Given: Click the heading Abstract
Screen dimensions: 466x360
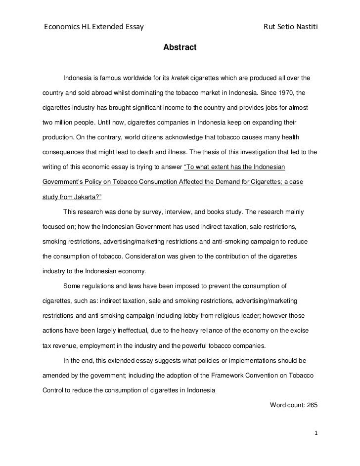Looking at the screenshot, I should point(180,47).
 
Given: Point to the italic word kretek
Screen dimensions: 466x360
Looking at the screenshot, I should point(180,78).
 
